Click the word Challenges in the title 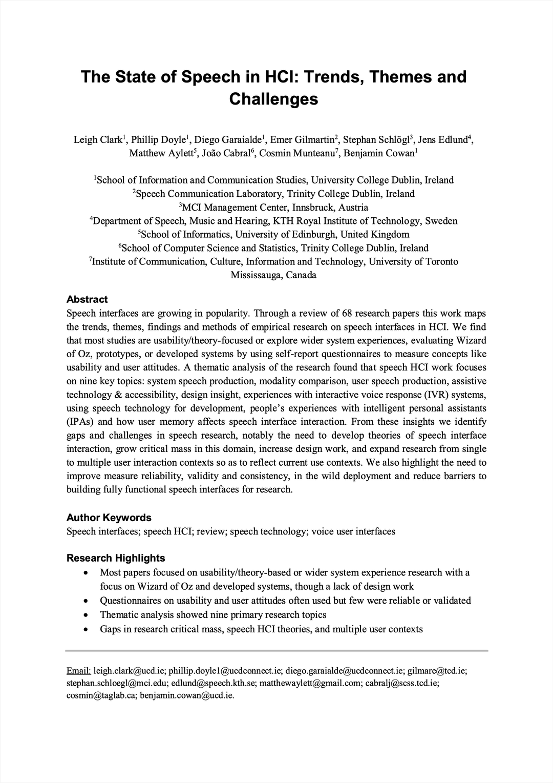(273, 98)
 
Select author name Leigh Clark (98, 140)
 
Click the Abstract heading (87, 300)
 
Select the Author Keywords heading (109, 518)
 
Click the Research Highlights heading (116, 558)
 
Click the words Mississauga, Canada (273, 275)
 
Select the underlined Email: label (79, 671)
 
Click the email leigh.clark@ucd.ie (130, 671)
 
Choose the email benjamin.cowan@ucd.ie (187, 695)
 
